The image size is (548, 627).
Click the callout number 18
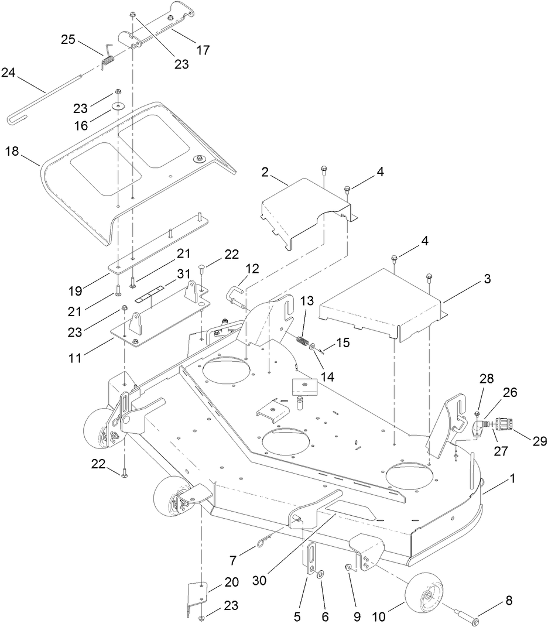pos(12,152)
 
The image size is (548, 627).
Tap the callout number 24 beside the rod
pos(8,73)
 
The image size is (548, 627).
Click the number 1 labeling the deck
pos(513,478)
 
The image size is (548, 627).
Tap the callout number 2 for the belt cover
pos(265,172)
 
